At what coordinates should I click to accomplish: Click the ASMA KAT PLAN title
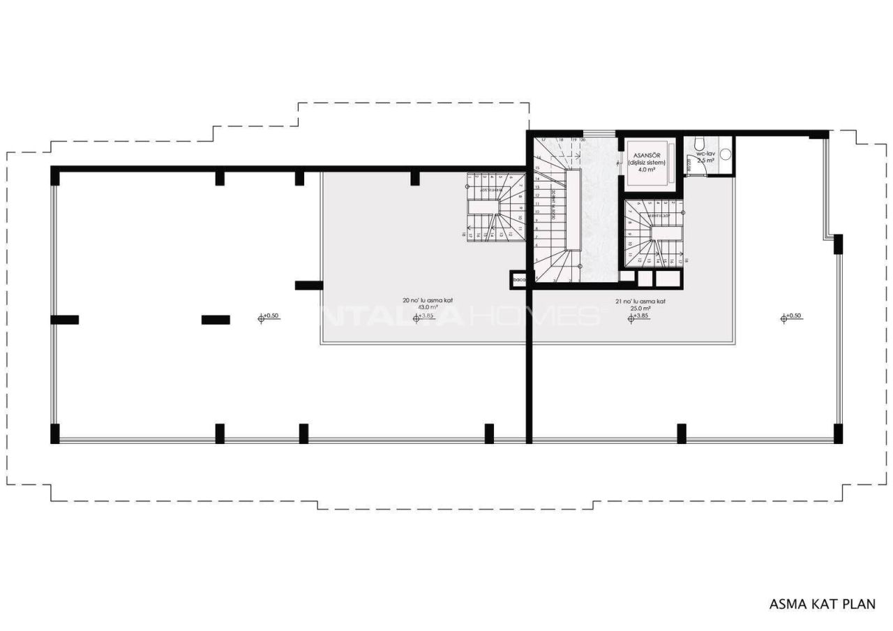point(822,604)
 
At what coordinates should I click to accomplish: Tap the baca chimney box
point(518,280)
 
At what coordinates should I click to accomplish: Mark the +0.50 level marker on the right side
point(791,316)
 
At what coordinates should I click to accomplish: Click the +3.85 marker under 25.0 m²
point(638,316)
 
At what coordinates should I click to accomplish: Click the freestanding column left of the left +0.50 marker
point(216,320)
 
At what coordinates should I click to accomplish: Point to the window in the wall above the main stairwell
point(594,133)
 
